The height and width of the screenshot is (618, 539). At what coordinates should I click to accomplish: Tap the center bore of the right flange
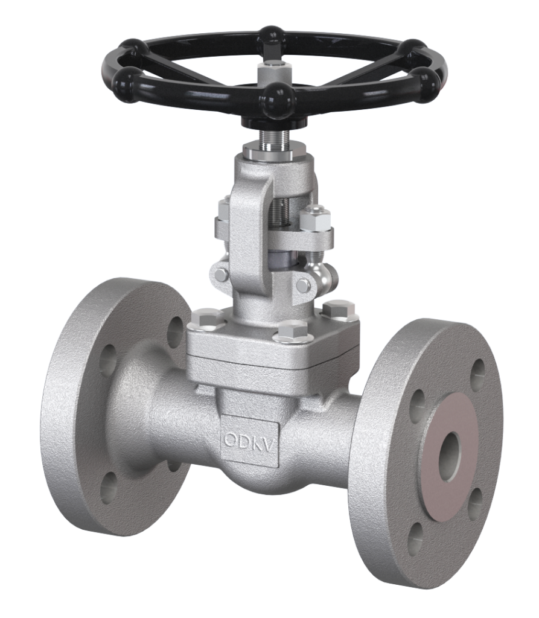click(x=449, y=457)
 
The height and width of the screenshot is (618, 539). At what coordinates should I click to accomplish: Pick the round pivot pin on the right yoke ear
click(x=304, y=285)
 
